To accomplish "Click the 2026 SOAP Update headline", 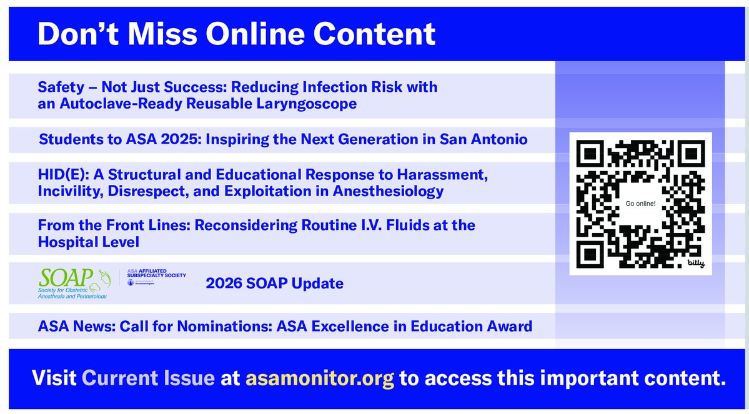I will [x=274, y=283].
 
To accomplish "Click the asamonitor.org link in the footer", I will [x=320, y=379].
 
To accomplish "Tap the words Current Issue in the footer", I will [x=148, y=379].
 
